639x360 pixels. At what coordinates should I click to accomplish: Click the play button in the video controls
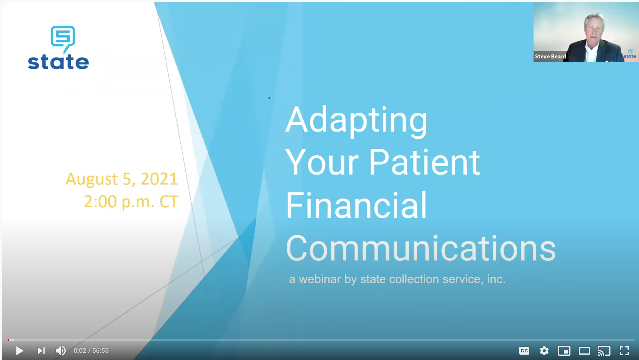(19, 351)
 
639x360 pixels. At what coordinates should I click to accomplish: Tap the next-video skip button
(41, 351)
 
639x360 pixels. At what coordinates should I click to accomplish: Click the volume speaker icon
(60, 351)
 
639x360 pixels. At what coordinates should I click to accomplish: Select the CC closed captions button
(524, 351)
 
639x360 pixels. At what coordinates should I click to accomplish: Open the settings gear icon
(544, 351)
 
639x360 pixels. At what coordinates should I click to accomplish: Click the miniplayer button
(564, 351)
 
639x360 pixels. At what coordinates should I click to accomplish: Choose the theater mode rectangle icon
(584, 351)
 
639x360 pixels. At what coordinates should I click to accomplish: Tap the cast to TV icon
(604, 351)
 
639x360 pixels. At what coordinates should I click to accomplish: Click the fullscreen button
(624, 351)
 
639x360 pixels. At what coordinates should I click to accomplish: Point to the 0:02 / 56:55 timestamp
(91, 351)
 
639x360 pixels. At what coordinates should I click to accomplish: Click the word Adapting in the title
(357, 121)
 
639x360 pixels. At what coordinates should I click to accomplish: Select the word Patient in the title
(424, 162)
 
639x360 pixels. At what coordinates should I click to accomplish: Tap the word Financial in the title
(357, 205)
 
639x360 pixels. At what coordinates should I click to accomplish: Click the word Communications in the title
(421, 248)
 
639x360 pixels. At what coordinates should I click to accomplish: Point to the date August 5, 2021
(122, 179)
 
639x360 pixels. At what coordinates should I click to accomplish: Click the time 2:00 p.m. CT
(131, 201)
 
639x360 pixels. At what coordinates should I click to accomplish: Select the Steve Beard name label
(550, 56)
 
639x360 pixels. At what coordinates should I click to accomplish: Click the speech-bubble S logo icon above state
(63, 39)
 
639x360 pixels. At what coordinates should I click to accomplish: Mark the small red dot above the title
(269, 98)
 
